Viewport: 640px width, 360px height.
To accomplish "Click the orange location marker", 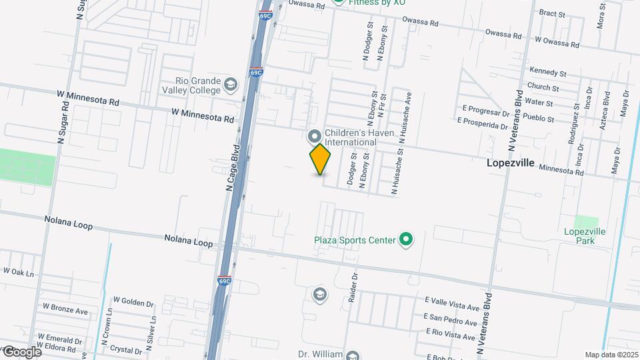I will pos(321,159).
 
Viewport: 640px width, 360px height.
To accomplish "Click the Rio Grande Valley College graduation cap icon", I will pos(230,85).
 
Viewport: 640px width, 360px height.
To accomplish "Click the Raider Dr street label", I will pos(354,287).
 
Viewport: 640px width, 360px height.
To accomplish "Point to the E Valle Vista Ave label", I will pos(452,307).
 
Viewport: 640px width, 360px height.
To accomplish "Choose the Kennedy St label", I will pos(547,72).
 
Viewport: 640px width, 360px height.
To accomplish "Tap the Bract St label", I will pos(551,13).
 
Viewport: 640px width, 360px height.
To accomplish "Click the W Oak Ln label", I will pos(18,271).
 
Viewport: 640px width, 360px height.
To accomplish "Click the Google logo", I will pos(21,351).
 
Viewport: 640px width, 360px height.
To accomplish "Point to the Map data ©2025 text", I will pos(611,355).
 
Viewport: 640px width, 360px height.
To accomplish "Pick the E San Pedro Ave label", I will pos(451,321).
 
